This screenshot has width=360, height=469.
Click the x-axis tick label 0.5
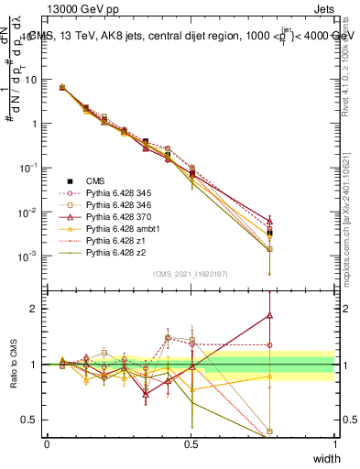coord(191,443)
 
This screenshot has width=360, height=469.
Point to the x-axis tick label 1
coord(335,443)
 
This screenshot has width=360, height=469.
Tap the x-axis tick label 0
coord(47,443)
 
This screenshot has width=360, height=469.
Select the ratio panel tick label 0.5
coord(30,420)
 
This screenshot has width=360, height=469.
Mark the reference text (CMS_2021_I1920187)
coord(191,274)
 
